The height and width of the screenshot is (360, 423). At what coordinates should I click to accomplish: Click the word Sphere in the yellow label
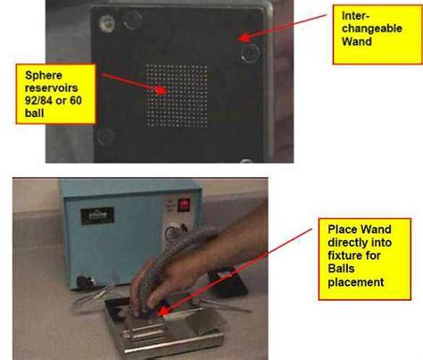(x=44, y=75)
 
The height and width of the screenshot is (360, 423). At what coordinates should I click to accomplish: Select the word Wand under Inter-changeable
(x=357, y=41)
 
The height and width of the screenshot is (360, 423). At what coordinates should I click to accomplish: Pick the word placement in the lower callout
(x=356, y=282)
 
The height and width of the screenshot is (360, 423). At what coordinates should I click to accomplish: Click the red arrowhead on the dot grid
(x=162, y=90)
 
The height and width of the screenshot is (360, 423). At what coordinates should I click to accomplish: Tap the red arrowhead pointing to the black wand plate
(x=244, y=38)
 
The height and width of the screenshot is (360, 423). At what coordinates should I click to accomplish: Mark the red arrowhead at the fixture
(x=162, y=311)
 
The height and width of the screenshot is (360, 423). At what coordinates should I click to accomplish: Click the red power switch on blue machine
(x=184, y=205)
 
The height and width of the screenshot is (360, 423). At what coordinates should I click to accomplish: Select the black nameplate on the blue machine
(x=97, y=216)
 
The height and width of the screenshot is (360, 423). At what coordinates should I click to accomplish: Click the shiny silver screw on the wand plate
(x=106, y=23)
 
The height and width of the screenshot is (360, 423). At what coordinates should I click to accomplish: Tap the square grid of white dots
(x=177, y=96)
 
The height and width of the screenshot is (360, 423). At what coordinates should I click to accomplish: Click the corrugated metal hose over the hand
(x=178, y=249)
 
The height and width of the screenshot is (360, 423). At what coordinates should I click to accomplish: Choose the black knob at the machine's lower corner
(x=83, y=281)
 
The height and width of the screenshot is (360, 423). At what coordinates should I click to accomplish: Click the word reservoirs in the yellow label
(x=51, y=88)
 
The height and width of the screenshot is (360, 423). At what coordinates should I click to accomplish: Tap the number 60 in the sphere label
(x=76, y=100)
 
